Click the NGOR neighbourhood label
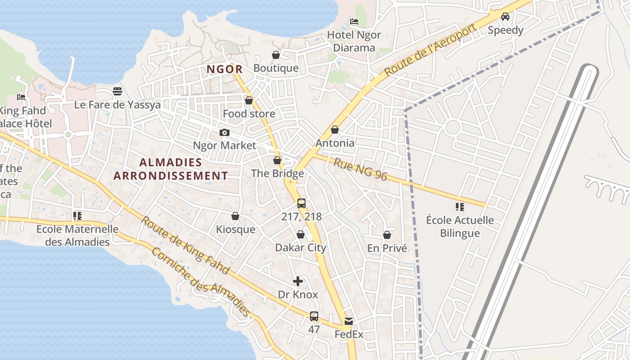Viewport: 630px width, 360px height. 225,69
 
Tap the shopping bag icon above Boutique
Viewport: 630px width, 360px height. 276,55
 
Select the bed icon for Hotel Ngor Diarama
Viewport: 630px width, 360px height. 354,21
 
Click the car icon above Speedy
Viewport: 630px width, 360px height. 505,17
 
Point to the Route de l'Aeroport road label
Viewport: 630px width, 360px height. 431,49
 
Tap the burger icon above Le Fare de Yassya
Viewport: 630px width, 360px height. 117,91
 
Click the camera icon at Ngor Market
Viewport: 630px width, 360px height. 224,132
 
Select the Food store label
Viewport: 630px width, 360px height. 249,114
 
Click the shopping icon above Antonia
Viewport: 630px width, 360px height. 334,130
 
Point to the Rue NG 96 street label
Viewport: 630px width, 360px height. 360,169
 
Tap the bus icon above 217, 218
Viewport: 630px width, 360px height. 301,203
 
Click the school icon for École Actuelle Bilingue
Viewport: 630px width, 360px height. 459,207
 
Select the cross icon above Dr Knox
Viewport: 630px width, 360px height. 297,281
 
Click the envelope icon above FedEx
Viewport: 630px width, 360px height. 349,321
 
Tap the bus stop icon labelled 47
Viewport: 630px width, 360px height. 314,316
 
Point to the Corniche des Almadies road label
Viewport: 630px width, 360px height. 200,282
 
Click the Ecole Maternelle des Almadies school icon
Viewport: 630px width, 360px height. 77,216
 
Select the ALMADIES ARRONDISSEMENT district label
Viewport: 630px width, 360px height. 171,169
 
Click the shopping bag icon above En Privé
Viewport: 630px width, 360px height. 387,235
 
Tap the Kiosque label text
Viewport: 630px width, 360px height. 235,229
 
